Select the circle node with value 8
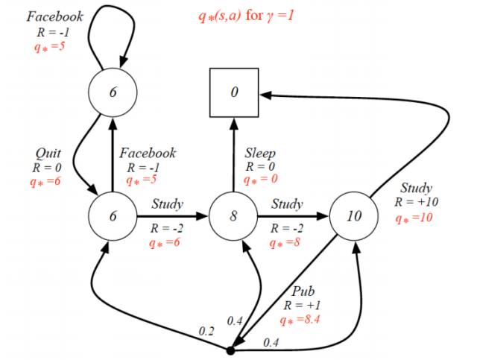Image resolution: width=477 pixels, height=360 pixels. click(x=233, y=216)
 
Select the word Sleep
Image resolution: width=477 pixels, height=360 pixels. click(x=260, y=153)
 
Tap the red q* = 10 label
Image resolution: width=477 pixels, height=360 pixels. click(x=414, y=218)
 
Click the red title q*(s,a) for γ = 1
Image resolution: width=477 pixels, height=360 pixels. click(x=245, y=16)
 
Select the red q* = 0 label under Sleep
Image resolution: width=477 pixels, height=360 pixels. click(x=262, y=180)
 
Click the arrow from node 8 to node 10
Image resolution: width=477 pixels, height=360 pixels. click(x=292, y=216)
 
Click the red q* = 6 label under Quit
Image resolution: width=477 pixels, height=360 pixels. click(x=43, y=180)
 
